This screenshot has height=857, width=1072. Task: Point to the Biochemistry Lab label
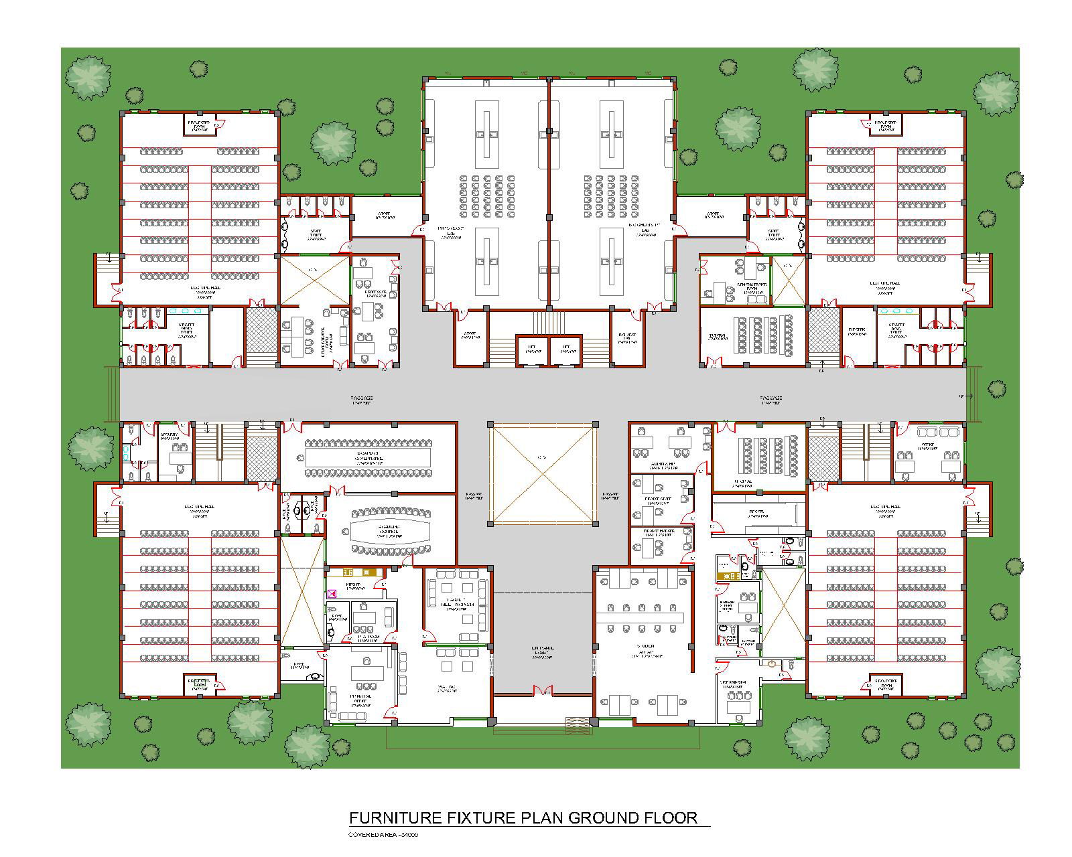click(644, 232)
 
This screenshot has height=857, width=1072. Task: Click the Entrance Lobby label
click(543, 652)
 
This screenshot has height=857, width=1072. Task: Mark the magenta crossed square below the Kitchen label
click(331, 594)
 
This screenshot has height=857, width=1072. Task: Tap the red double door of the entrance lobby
click(543, 690)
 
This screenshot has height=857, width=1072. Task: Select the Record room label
click(758, 514)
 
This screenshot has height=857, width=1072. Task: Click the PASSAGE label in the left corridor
click(362, 400)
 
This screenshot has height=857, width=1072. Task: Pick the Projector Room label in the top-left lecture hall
click(198, 125)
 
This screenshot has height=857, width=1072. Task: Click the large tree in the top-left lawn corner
click(88, 78)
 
